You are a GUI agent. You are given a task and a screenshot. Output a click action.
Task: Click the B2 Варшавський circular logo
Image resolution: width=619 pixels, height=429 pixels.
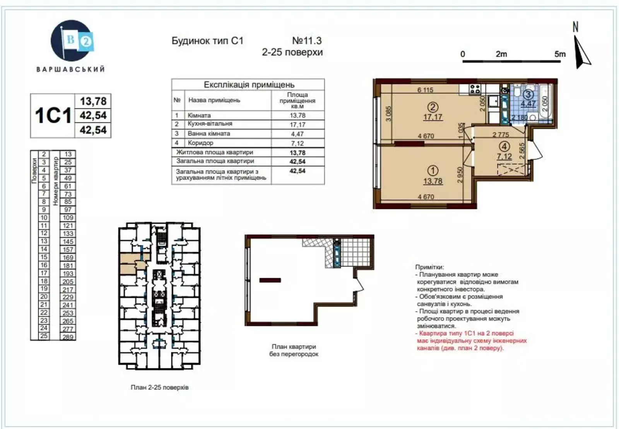pos(72,41)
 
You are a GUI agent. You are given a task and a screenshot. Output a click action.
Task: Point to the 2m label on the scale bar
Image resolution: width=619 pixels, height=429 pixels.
pos(501,54)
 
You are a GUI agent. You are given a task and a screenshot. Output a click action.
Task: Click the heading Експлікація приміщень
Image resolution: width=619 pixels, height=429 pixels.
pos(249,85)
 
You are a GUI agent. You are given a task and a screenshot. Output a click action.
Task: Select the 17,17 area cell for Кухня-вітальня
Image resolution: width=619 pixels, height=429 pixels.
pos(298,125)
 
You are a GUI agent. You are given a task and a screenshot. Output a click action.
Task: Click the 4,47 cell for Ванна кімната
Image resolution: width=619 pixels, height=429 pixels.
pos(298,134)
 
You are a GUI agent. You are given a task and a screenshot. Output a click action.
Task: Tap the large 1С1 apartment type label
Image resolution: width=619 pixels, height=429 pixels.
pos(53,115)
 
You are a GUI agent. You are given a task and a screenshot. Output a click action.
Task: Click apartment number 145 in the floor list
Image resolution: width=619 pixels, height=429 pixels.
pos(68,241)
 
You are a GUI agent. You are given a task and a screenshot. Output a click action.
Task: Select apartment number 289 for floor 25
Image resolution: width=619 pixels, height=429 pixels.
pos(68,337)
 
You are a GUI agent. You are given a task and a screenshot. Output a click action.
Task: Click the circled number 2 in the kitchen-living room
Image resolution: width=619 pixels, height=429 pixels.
pos(433,107)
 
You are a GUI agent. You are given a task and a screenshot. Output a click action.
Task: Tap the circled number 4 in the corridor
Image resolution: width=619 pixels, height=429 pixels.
pos(504,146)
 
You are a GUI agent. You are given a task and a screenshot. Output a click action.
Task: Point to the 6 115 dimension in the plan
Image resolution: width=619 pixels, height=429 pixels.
pos(425,90)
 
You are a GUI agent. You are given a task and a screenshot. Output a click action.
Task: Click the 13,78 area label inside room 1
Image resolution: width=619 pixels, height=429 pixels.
pos(433,181)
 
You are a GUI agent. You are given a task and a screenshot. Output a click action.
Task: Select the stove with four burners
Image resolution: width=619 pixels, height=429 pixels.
pos(475,89)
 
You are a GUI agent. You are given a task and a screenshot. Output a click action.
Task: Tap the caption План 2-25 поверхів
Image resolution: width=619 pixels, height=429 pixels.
pos(159,387)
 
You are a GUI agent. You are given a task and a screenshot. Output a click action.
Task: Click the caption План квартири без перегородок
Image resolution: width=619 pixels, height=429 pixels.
pos(294,350)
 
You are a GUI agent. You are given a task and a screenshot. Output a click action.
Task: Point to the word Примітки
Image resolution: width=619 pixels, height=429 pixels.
pos(429,267)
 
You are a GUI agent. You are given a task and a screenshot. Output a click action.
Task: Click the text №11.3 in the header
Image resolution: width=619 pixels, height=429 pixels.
pos(307,41)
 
